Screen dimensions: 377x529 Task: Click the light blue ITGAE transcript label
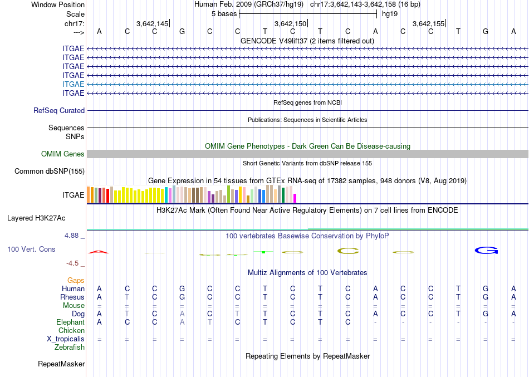74,84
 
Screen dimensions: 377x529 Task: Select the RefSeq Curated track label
59,111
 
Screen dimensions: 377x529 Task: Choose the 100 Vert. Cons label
31,249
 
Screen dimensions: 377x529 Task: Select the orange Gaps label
76,280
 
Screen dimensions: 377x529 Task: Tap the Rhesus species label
72,297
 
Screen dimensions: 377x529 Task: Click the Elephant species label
71,322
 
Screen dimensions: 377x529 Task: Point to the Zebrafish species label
70,347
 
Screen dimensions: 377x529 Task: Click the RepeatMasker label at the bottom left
61,364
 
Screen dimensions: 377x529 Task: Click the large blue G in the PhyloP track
486,251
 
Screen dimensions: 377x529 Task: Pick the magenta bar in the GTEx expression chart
295,198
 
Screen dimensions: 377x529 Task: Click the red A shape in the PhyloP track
99,252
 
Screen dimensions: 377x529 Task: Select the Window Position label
58,4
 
